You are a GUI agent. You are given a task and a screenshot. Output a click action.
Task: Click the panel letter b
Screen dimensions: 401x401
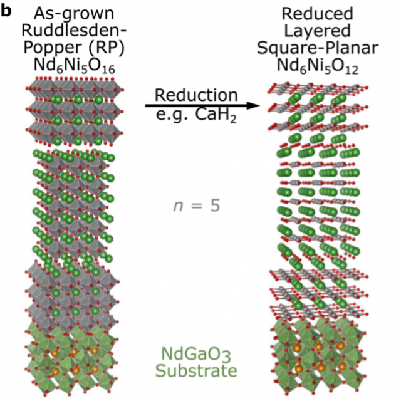pyautogui.click(x=7, y=9)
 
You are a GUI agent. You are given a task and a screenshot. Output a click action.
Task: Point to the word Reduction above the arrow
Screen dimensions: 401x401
pyautogui.click(x=196, y=95)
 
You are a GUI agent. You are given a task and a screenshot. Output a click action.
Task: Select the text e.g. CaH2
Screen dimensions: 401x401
pyautogui.click(x=196, y=117)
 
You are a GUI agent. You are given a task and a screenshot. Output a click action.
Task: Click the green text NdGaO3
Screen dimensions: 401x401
pyautogui.click(x=197, y=354)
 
